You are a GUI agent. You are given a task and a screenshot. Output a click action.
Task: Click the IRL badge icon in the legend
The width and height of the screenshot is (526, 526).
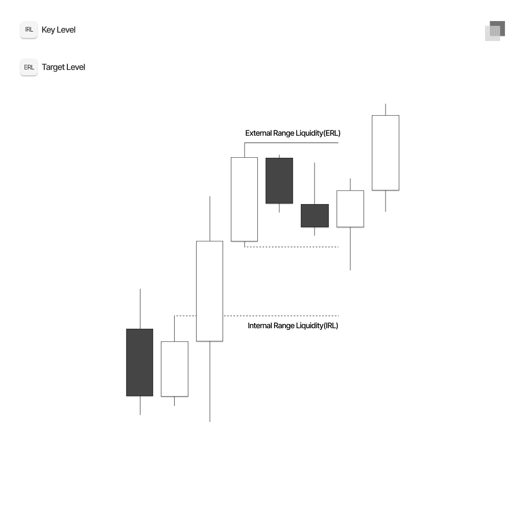click(29, 30)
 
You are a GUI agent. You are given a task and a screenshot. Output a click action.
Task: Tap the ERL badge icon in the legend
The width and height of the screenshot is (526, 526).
click(29, 67)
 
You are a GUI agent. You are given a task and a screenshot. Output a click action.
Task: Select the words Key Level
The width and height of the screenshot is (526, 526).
click(58, 30)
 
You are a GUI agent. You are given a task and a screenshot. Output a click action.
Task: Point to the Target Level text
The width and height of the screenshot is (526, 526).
click(63, 67)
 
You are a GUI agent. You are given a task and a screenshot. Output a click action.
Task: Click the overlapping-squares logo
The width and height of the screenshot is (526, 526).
click(495, 31)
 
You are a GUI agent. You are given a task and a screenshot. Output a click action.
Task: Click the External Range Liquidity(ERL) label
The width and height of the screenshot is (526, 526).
click(292, 133)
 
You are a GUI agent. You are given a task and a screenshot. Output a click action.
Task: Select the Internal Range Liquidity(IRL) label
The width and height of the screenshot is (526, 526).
click(292, 326)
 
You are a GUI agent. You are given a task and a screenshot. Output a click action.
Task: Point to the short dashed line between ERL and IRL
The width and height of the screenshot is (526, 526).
click(292, 247)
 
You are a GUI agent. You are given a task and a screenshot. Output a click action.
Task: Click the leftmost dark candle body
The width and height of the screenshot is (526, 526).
click(139, 362)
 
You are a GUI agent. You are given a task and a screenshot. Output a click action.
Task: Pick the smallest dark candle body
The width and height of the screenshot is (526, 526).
click(315, 216)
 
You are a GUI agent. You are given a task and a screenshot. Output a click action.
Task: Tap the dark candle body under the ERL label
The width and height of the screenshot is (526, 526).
click(279, 180)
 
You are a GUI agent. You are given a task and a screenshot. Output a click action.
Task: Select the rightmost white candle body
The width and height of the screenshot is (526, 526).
click(386, 153)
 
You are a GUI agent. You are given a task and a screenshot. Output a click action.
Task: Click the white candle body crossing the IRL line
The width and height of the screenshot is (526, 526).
click(209, 291)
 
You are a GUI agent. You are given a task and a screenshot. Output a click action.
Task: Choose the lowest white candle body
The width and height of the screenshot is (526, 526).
click(174, 369)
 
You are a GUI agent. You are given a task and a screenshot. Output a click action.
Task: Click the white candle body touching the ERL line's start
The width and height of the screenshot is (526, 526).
click(244, 199)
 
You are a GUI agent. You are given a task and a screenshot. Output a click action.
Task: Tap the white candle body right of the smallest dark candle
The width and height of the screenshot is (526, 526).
click(350, 209)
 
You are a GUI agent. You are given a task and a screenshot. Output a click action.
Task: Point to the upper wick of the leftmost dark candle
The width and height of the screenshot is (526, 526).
click(140, 309)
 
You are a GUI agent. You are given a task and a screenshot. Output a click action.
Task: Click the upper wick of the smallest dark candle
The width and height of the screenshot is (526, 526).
click(315, 183)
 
